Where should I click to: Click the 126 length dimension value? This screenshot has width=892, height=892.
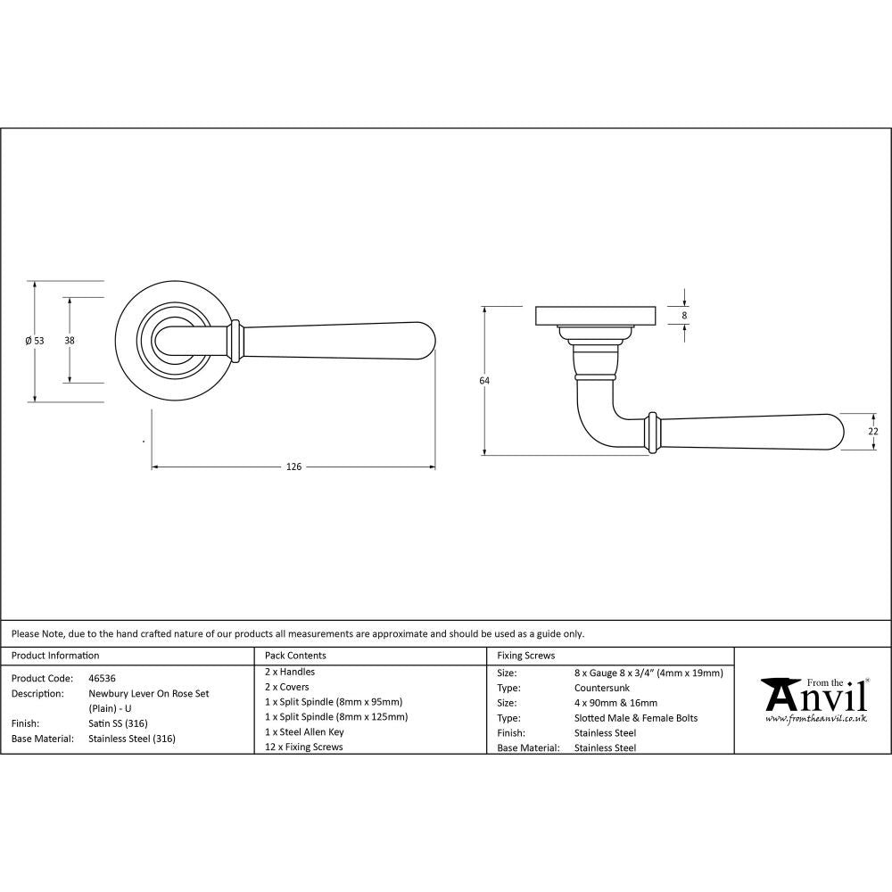293,467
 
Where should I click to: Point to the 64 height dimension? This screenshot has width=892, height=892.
484,381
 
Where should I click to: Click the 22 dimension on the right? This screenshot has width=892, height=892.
873,431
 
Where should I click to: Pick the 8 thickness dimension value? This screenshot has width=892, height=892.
684,315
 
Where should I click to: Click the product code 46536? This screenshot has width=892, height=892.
102,678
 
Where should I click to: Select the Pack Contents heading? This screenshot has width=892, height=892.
295,656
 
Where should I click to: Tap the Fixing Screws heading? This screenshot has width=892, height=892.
525,656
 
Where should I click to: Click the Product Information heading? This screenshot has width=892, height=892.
54,656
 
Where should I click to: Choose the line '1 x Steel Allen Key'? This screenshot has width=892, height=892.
304,731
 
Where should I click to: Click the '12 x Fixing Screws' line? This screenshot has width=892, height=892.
303,747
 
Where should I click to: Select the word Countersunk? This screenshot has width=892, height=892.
603,689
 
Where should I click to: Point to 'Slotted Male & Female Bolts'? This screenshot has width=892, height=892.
636,718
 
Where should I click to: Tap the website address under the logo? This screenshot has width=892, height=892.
816,718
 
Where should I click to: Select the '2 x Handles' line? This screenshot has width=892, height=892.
290,672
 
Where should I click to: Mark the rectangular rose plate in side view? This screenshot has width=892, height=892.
596,316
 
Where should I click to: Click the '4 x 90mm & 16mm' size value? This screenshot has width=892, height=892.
615,703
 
